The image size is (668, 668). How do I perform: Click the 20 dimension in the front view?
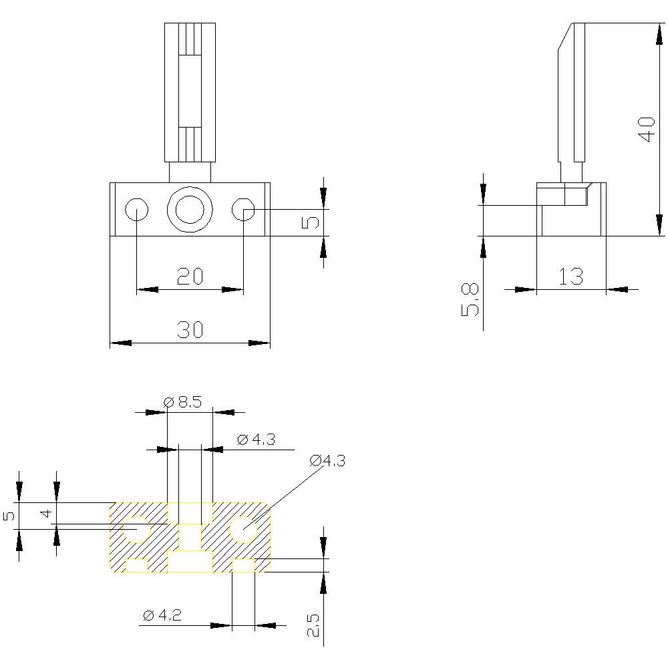tap(190, 276)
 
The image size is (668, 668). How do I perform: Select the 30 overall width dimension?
tap(190, 329)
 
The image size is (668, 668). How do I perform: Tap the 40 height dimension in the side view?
tap(645, 128)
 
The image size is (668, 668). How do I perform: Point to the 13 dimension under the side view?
tap(571, 276)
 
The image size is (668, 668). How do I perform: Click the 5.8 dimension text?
tap(470, 299)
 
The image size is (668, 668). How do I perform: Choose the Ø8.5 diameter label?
tap(183, 402)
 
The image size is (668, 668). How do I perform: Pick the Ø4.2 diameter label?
tap(162, 615)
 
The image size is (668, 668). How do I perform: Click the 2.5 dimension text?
tap(313, 625)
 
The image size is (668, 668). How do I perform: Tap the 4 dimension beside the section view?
tap(45, 513)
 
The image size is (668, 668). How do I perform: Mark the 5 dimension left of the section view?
tap(9, 516)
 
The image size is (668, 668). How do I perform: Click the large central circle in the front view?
tap(190, 210)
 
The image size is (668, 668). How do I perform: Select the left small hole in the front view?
tap(136, 210)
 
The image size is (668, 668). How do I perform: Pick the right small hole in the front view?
tap(243, 210)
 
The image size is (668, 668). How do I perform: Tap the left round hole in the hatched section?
tap(137, 529)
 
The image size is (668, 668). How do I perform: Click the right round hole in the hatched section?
tap(243, 529)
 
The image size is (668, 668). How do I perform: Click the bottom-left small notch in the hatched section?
tap(136, 566)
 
